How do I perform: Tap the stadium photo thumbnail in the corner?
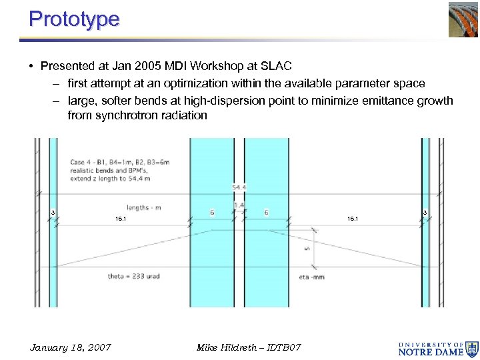(x=463, y=19)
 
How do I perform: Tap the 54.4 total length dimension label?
(x=238, y=188)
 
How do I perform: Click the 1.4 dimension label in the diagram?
(x=239, y=205)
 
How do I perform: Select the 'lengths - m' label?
(x=144, y=207)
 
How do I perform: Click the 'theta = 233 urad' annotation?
(x=134, y=276)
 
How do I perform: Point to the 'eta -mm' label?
(x=311, y=277)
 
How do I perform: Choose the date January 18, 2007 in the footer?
(x=71, y=347)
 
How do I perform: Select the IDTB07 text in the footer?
(x=283, y=347)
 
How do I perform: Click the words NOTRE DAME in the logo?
(x=431, y=351)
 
